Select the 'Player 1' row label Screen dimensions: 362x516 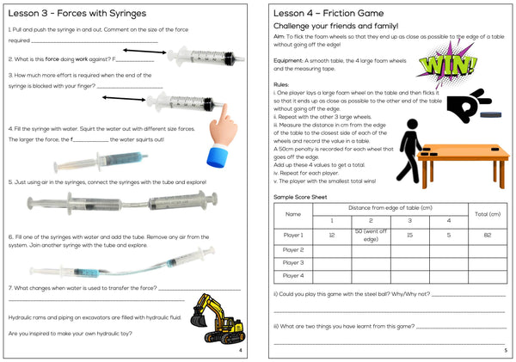(x=293, y=235)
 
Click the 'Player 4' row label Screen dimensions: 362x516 (x=293, y=276)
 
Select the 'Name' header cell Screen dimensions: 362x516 (x=293, y=213)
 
